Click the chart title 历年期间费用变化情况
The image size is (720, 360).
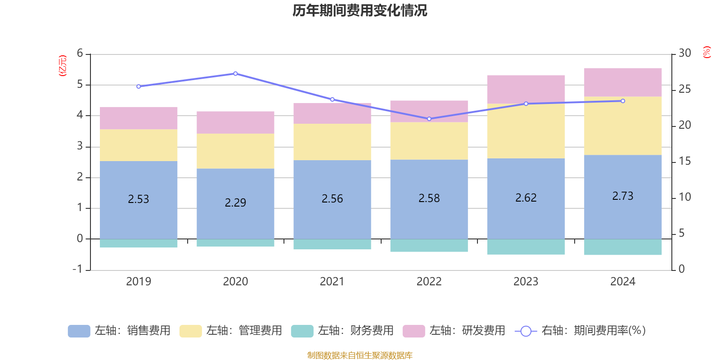(x=360, y=10)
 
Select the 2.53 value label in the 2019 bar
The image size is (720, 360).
(x=138, y=199)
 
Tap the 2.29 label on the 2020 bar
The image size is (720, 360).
(x=235, y=202)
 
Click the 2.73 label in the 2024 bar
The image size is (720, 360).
(x=623, y=196)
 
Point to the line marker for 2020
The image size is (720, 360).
(x=235, y=73)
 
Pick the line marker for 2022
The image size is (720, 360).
(x=429, y=119)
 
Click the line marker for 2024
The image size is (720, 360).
(x=623, y=101)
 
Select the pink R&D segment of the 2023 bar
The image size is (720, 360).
(x=526, y=89)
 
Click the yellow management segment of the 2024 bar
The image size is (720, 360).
(x=623, y=126)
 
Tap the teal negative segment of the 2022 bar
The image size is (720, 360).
(x=429, y=246)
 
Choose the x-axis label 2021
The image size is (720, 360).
(x=332, y=281)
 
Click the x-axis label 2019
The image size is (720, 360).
(x=138, y=281)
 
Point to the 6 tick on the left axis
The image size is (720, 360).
(x=80, y=54)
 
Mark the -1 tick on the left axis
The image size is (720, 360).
(x=77, y=269)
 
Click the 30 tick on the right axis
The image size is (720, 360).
(x=684, y=53)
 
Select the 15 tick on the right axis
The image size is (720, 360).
(x=684, y=161)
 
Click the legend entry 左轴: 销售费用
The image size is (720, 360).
(x=119, y=331)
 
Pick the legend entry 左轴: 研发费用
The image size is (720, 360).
(x=454, y=331)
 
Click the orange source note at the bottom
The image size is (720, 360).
(x=360, y=355)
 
